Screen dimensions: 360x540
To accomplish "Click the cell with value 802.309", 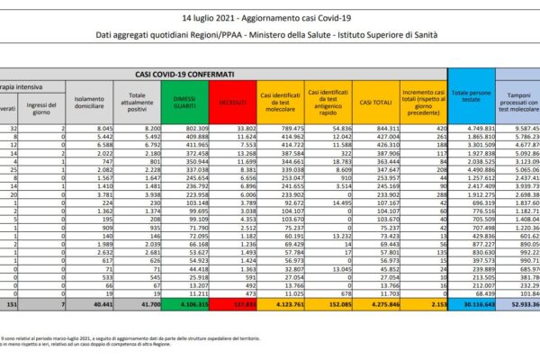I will [189, 129].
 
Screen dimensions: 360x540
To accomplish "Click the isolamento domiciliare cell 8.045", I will [96, 129].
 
